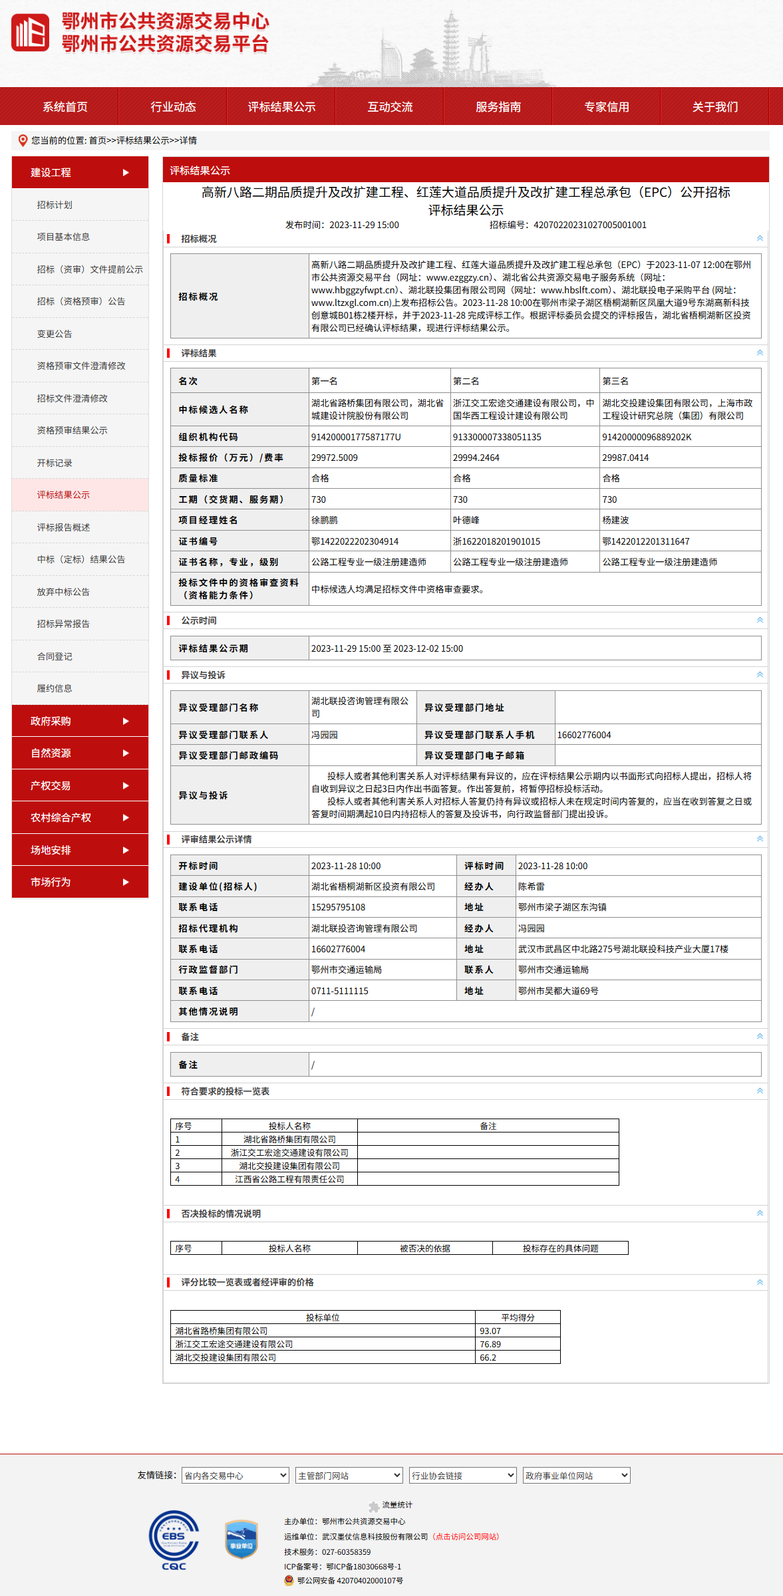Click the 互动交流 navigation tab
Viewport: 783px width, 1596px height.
pos(390,106)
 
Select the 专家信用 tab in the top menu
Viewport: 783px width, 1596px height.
pos(606,106)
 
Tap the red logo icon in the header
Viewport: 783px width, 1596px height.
pos(30,32)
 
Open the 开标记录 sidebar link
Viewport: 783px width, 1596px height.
pos(55,463)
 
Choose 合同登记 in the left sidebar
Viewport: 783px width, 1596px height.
pos(55,656)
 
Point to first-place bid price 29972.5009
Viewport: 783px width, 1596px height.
pos(335,458)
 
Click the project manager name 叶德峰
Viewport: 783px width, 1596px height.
pos(466,520)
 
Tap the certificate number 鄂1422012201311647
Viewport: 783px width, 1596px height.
pos(646,541)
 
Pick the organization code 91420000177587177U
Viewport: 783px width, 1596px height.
pos(356,437)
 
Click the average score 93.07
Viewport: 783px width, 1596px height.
pos(490,1331)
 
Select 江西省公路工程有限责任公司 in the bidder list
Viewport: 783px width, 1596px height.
pos(289,1179)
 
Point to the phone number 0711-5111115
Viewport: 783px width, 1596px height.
pos(340,991)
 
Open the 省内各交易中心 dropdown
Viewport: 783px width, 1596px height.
pos(235,1475)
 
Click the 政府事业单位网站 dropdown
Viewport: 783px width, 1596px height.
pos(576,1475)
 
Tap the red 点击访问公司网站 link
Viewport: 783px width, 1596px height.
pos(466,1536)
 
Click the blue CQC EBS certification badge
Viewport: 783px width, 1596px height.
pos(174,1540)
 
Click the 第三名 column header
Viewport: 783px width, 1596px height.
pos(616,381)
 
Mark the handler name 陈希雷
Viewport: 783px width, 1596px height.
pos(532,886)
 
